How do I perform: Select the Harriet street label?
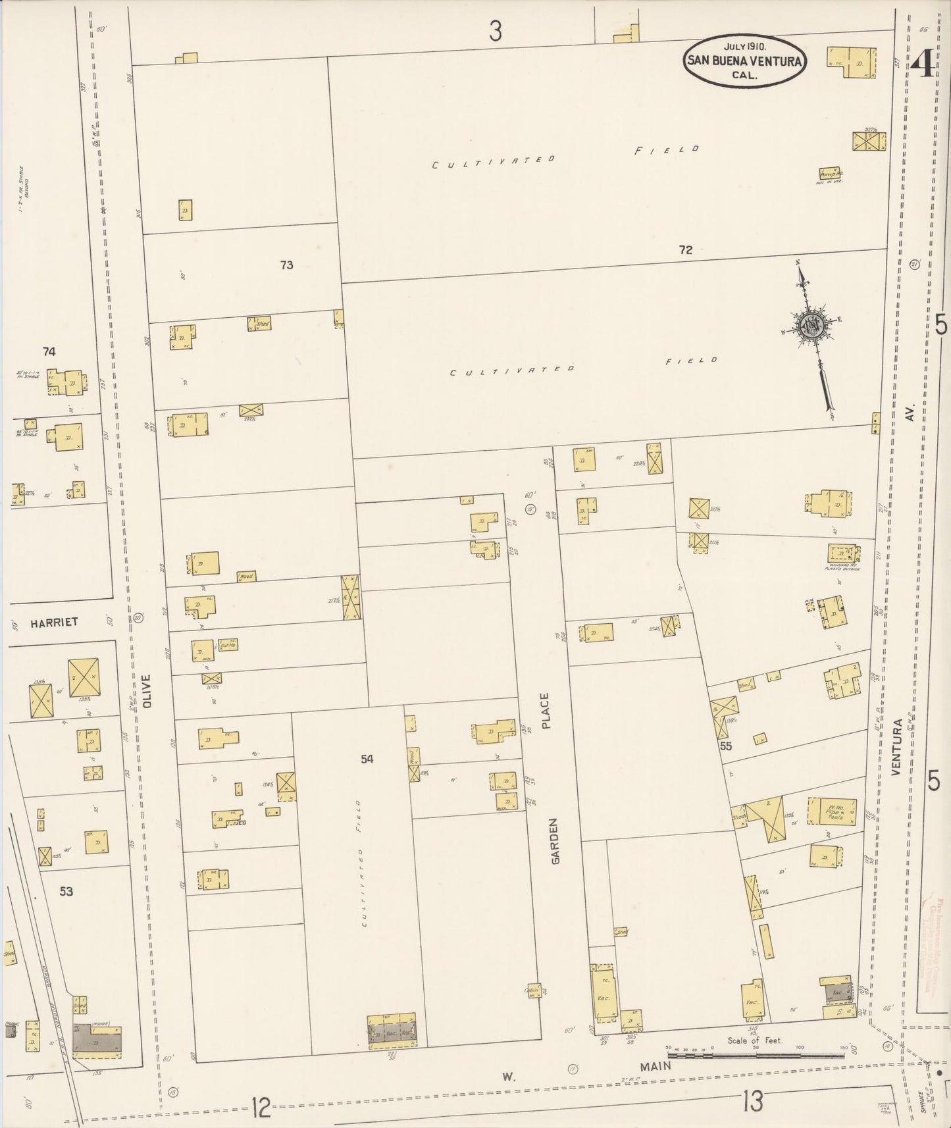click(54, 622)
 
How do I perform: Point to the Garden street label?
click(554, 840)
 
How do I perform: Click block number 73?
click(286, 265)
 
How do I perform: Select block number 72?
click(686, 249)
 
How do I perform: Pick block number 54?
click(367, 759)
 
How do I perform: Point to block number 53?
click(66, 892)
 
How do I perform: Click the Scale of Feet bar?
click(756, 1055)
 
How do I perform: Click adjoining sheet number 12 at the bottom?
click(261, 1108)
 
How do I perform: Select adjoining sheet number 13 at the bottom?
click(752, 1100)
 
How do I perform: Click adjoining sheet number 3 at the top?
click(496, 30)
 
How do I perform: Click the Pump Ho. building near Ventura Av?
click(829, 173)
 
